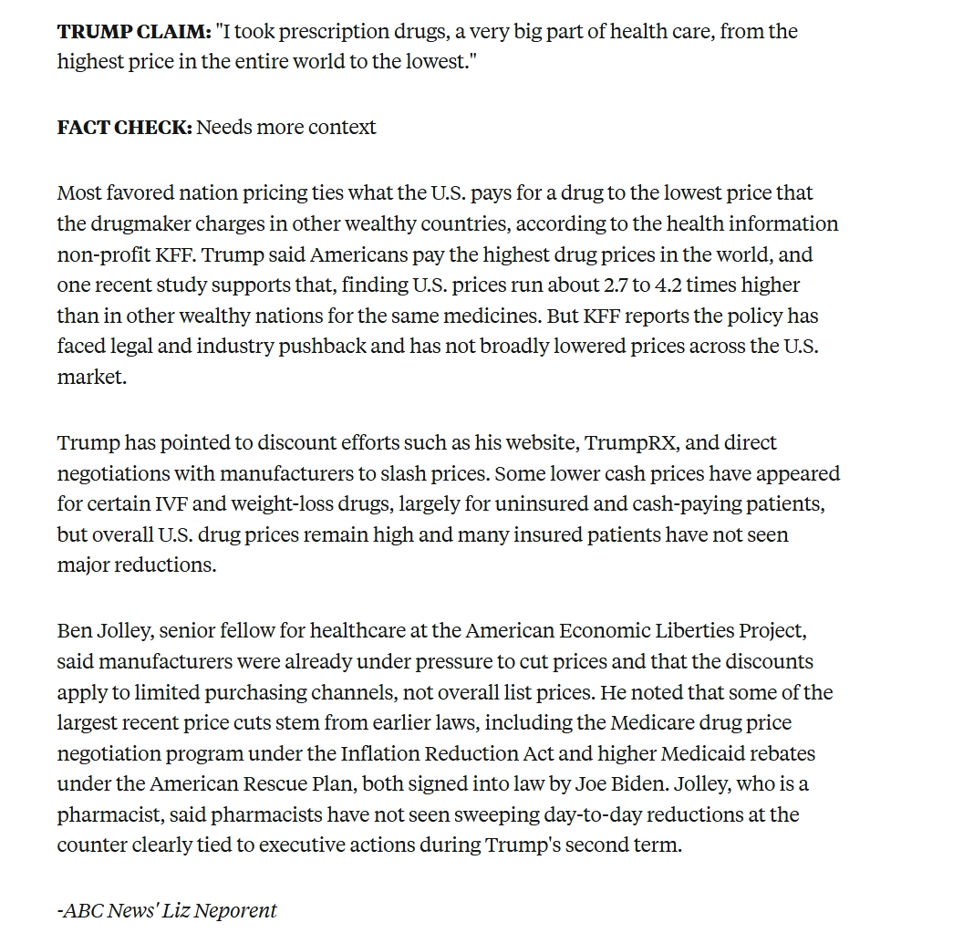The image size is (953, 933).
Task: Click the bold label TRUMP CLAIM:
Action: [x=133, y=32]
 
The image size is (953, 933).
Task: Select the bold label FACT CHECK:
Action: [x=124, y=128]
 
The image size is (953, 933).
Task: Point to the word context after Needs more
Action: [x=342, y=128]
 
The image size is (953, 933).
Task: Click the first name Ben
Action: [x=73, y=631]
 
